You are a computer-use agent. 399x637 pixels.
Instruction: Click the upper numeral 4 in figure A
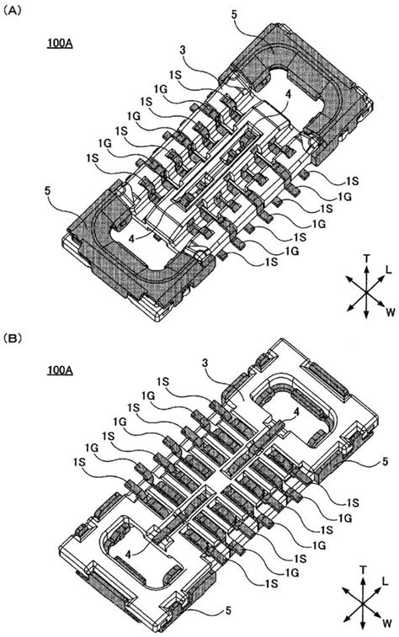[288, 96]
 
